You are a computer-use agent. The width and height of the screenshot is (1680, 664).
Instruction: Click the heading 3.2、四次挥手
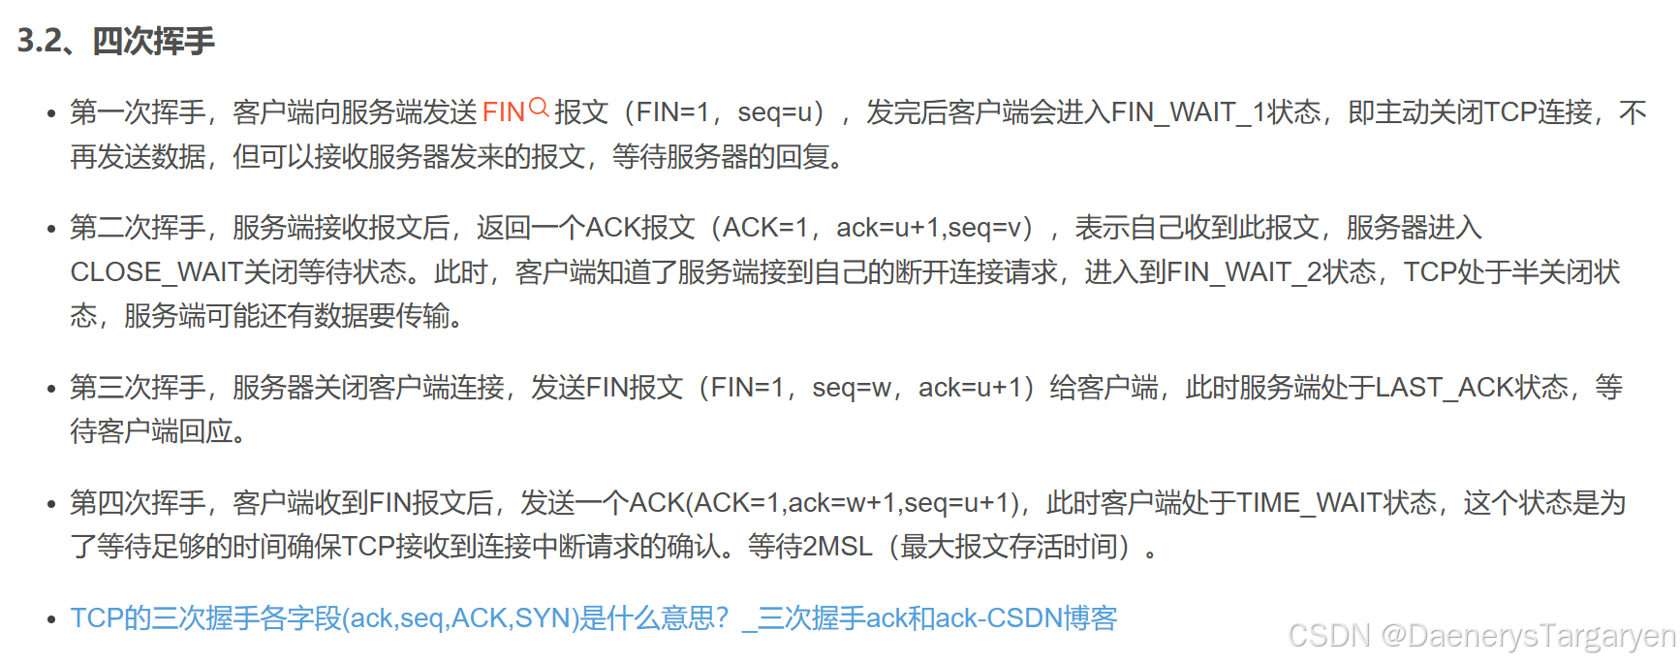pos(116,41)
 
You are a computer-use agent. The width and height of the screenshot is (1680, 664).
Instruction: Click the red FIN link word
pos(503,112)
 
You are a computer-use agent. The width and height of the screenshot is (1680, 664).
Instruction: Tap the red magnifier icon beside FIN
pos(540,108)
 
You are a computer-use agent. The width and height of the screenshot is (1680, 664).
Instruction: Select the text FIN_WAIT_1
pos(1188,112)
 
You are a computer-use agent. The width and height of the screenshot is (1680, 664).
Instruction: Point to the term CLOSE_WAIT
pos(155,272)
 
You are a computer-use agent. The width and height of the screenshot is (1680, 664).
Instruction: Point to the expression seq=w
pos(852,388)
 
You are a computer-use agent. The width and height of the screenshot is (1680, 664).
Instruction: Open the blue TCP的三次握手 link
pos(593,618)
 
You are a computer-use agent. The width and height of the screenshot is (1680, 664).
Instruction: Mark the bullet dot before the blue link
pos(51,619)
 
